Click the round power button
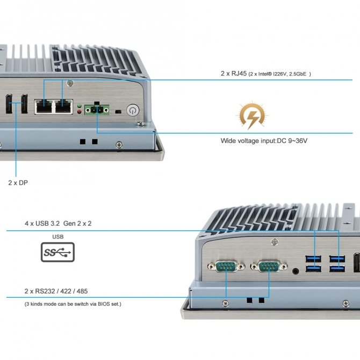point(133,111)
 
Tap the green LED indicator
point(80,106)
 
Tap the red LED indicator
point(80,112)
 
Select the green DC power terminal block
point(97,109)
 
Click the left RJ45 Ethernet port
point(44,106)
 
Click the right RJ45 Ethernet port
point(63,106)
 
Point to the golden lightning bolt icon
point(252,116)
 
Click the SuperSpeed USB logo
point(57,252)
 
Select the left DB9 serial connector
point(226,267)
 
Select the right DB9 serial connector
point(269,267)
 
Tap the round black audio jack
point(296,271)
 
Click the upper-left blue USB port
point(313,259)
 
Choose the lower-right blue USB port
point(337,269)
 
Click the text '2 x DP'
point(18,183)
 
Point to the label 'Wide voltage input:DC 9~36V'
point(264,141)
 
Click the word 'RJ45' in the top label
point(239,74)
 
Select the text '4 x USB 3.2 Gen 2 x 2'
point(58,224)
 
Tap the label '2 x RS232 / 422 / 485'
point(56,291)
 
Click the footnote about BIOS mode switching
point(73,304)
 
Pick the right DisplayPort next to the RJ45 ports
point(24,104)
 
